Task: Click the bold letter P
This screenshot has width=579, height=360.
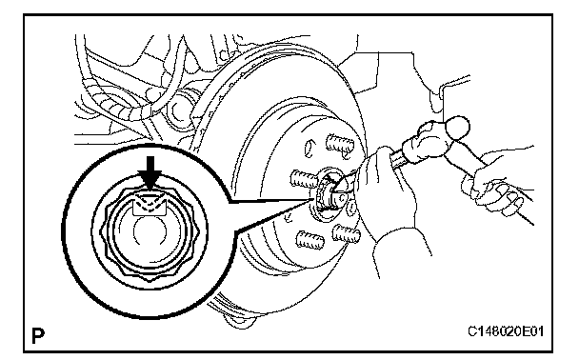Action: [38, 335]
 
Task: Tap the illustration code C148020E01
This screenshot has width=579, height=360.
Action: [506, 331]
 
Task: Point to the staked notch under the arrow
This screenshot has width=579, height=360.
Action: [150, 206]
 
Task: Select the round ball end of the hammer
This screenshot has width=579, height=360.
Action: [457, 127]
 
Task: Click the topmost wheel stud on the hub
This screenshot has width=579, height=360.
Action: [339, 144]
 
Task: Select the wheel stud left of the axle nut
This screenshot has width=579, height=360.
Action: [304, 179]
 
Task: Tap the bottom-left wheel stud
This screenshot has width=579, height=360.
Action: [310, 239]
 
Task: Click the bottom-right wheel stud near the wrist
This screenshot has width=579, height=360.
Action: [346, 234]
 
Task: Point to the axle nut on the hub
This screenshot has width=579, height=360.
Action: [327, 194]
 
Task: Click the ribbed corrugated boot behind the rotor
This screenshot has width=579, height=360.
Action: [122, 107]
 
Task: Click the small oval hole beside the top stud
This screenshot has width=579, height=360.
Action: [309, 148]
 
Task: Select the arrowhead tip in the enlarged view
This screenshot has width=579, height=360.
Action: [150, 190]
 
